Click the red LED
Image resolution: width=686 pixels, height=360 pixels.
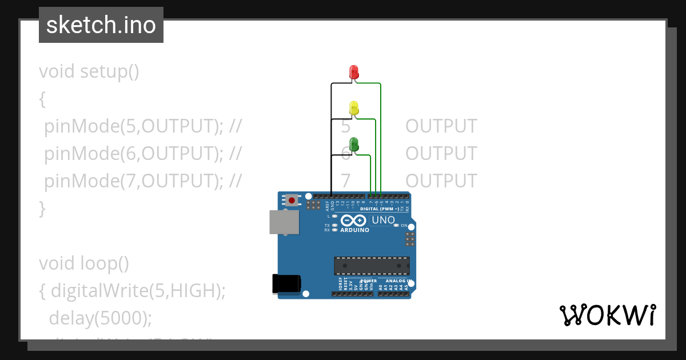click(x=354, y=72)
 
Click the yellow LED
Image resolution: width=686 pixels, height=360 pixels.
click(x=354, y=107)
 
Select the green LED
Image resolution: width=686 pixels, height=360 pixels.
click(x=354, y=144)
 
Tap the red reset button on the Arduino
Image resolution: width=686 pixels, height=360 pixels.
click(x=292, y=200)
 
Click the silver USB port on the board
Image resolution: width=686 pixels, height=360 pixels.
click(x=284, y=222)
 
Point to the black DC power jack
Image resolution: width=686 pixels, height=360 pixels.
click(x=286, y=283)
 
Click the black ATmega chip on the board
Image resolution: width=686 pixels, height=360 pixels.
click(x=372, y=266)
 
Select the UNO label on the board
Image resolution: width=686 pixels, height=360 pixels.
click(x=383, y=220)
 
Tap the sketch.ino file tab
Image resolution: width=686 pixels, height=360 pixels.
click(x=101, y=25)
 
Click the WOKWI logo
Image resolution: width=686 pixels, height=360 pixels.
click(x=607, y=315)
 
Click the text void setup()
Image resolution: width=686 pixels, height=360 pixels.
click(x=89, y=72)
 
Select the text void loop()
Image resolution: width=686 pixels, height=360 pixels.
click(x=84, y=263)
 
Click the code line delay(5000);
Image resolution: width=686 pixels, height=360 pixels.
click(x=101, y=318)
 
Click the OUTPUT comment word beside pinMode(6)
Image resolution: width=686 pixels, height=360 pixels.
click(x=441, y=154)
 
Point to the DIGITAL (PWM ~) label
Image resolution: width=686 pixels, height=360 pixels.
click(x=383, y=209)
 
